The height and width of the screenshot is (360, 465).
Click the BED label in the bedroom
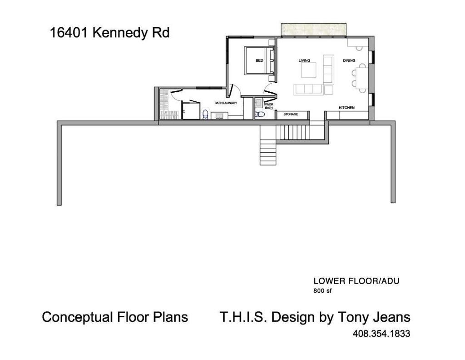pos(259,60)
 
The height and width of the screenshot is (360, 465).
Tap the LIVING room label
pos(304,60)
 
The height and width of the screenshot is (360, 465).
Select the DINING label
pos(349,60)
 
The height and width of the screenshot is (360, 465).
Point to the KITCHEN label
pos(346,108)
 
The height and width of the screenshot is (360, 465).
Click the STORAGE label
pos(291,114)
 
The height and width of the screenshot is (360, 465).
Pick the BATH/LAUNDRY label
pos(226,103)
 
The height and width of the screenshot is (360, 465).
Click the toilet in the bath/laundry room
pos(205,114)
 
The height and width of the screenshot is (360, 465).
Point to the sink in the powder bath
pos(259,103)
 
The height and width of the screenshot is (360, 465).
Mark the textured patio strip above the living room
pos(314,30)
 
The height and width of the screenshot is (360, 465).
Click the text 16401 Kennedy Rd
pos(109,33)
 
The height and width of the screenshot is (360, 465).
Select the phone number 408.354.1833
pos(381,334)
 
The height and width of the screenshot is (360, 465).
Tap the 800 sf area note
pos(322,291)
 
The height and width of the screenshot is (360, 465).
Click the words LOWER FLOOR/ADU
pos(356,281)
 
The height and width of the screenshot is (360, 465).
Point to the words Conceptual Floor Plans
pos(115,317)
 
